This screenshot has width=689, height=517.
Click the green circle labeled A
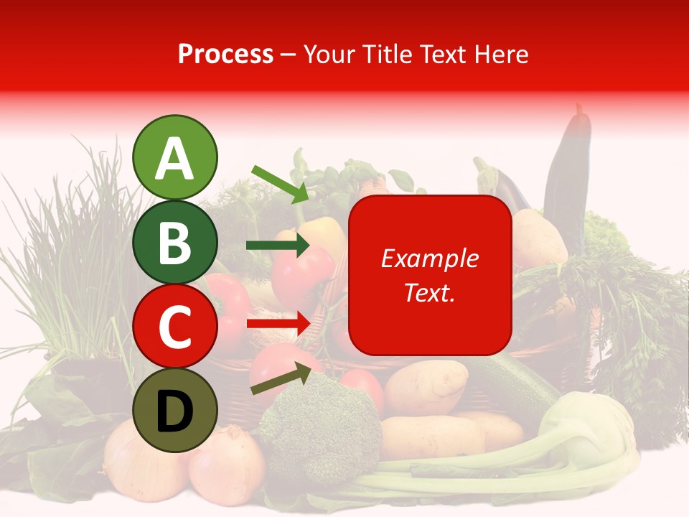coord(174,157)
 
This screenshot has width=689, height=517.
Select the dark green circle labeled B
coord(174,242)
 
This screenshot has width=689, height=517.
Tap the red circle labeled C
coord(174,326)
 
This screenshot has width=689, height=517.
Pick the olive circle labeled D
coord(174,410)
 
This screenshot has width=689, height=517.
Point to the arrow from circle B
coord(277,246)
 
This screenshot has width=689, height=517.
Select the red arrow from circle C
coord(277,324)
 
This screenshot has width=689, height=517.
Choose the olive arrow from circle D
coord(281,379)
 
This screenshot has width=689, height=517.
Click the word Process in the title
coord(225,54)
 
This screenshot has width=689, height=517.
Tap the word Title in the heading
coord(386,54)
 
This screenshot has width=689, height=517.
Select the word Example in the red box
coord(429,258)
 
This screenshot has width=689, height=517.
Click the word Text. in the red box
coord(429,292)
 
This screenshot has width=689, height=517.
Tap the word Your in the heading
coord(330,54)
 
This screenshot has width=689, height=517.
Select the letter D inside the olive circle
coord(174,411)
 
